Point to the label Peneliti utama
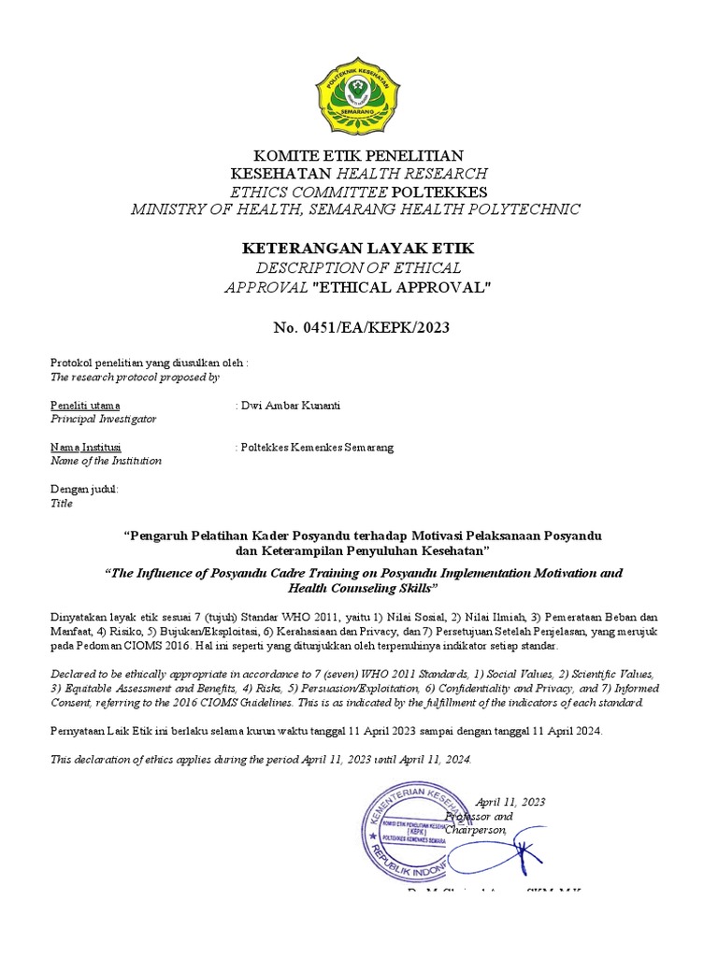point(84,405)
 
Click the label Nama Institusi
point(84,447)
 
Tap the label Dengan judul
point(83,489)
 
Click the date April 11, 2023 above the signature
point(510,802)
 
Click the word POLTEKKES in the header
point(433,191)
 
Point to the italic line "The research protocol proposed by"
point(134,377)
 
